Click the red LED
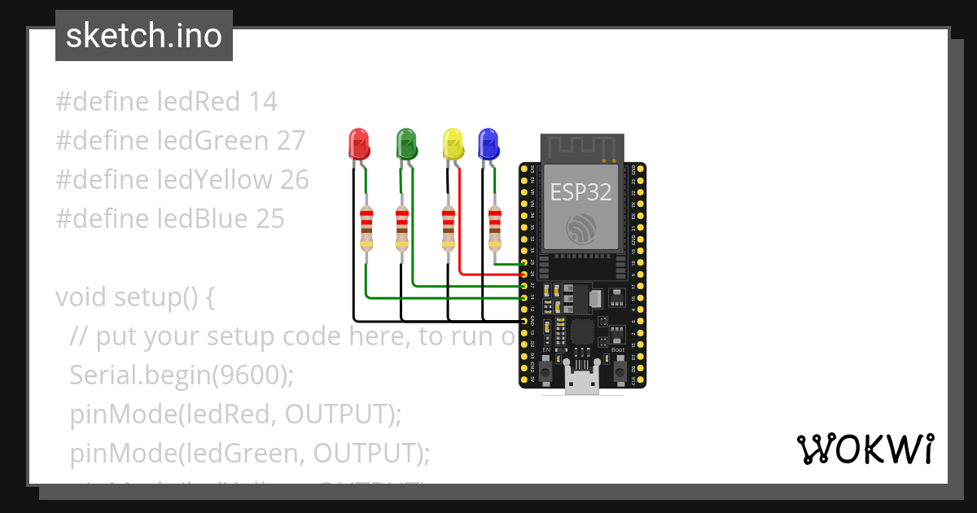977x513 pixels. tap(358, 144)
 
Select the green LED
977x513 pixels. tap(405, 144)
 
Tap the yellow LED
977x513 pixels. tap(452, 144)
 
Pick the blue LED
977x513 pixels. tap(488, 144)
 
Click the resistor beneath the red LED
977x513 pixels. tap(366, 229)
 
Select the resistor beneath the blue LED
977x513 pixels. tap(495, 229)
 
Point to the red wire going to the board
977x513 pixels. tap(488, 274)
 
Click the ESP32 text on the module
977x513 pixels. tap(581, 191)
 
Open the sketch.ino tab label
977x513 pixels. tap(144, 36)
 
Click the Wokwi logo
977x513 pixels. tap(865, 449)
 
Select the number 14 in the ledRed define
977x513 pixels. tap(263, 102)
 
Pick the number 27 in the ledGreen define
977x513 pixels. tap(291, 141)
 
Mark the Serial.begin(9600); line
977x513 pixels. tap(181, 375)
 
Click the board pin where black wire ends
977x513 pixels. tap(524, 321)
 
